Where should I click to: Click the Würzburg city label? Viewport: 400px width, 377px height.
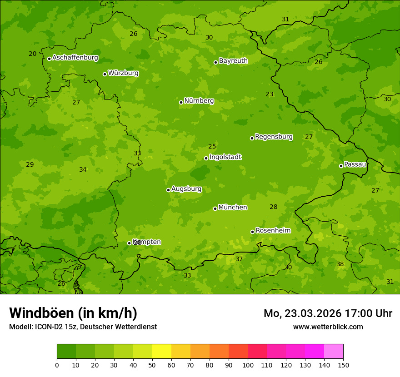click(123, 73)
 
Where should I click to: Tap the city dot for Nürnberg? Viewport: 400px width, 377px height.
click(181, 102)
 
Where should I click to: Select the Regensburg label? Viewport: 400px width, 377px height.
click(274, 137)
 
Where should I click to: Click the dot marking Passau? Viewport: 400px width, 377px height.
click(341, 166)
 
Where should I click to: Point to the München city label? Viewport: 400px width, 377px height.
click(233, 208)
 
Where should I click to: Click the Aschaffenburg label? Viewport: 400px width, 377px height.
click(75, 58)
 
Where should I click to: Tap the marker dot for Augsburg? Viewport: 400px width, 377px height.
click(168, 190)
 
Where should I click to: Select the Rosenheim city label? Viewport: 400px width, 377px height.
click(273, 231)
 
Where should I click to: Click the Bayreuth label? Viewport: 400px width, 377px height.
click(233, 61)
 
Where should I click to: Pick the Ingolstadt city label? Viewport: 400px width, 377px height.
click(225, 157)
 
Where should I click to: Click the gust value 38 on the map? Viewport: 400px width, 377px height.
click(340, 264)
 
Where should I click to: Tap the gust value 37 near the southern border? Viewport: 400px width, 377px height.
click(239, 259)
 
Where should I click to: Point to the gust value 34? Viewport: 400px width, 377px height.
click(83, 170)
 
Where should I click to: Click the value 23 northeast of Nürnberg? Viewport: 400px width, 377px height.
click(270, 94)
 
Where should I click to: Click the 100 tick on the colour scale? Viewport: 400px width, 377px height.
click(248, 365)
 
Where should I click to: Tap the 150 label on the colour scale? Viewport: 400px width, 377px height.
click(343, 365)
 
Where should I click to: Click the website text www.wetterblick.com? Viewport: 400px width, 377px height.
click(328, 327)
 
